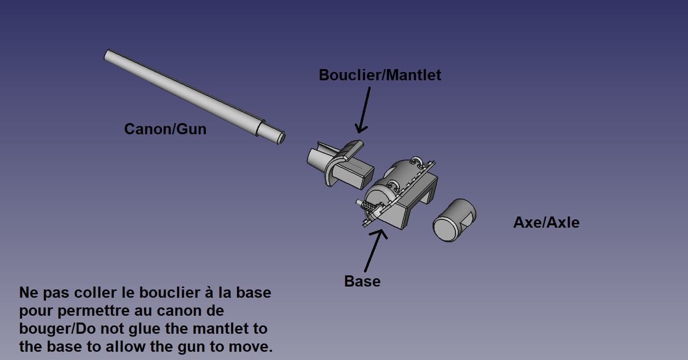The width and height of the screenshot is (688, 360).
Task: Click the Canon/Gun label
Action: [x=165, y=129]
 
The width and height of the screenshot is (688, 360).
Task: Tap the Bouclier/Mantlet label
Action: [x=380, y=75]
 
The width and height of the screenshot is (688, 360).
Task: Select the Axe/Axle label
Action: [x=546, y=222]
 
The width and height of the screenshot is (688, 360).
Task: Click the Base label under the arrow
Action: [x=362, y=281]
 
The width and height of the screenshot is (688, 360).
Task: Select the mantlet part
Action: [x=340, y=165]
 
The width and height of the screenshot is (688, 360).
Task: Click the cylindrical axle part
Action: [x=454, y=220]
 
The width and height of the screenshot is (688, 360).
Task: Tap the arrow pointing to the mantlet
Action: [x=364, y=110]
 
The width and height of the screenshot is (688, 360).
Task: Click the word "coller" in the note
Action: [x=97, y=292]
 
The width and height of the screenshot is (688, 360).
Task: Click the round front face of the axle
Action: [x=446, y=229]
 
